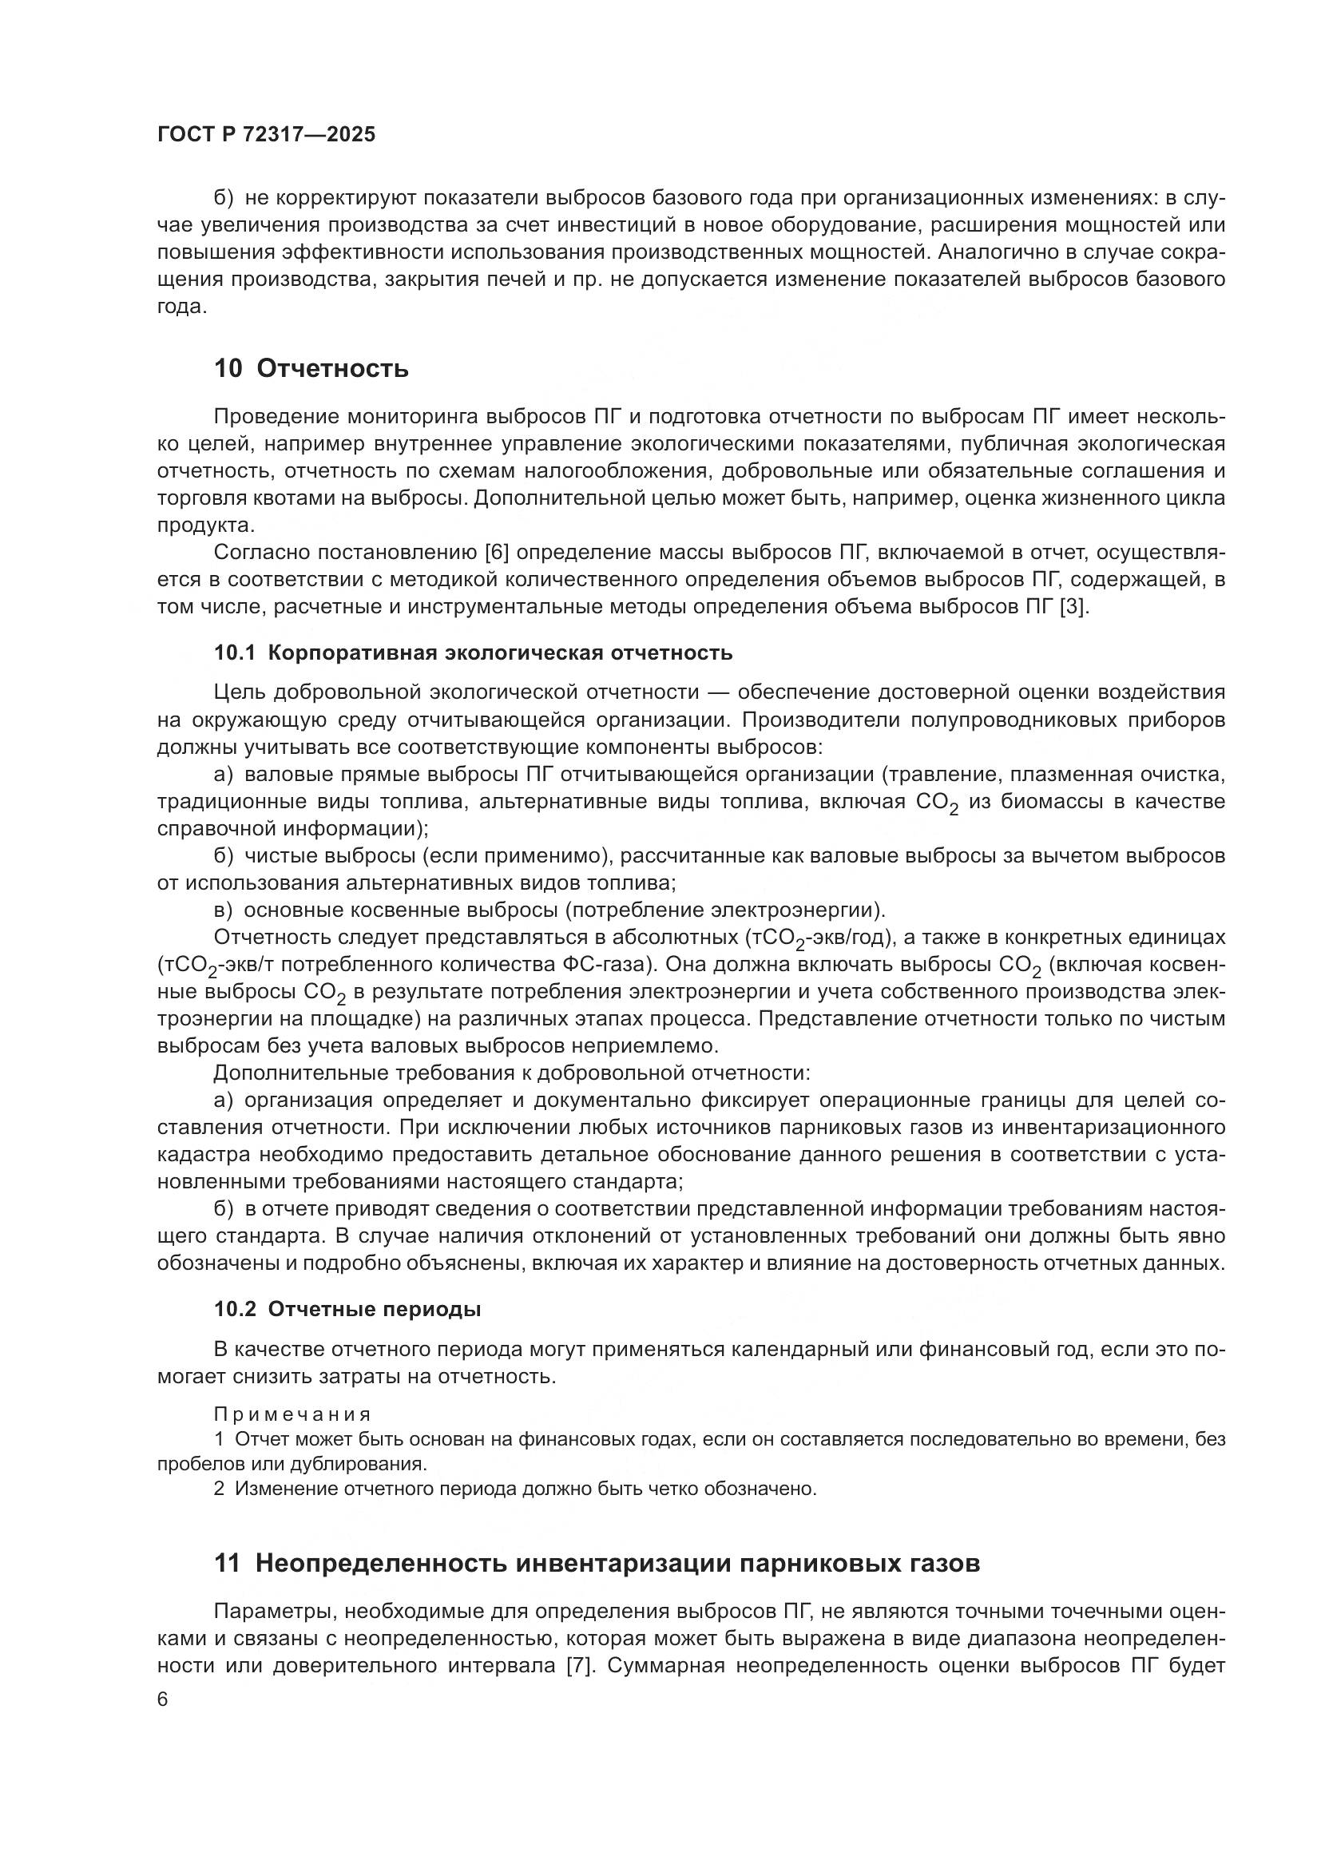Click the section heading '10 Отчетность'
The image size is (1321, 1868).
pyautogui.click(x=311, y=368)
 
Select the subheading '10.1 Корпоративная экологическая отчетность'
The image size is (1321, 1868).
pyautogui.click(x=473, y=652)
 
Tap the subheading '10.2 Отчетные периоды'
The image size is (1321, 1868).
pyautogui.click(x=347, y=1309)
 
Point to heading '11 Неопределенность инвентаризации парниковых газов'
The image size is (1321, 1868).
pyautogui.click(x=597, y=1563)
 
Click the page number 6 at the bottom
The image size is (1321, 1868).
pyautogui.click(x=163, y=1700)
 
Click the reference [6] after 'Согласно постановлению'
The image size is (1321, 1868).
pyautogui.click(x=496, y=553)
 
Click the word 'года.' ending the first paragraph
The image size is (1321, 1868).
pyautogui.click(x=181, y=307)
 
